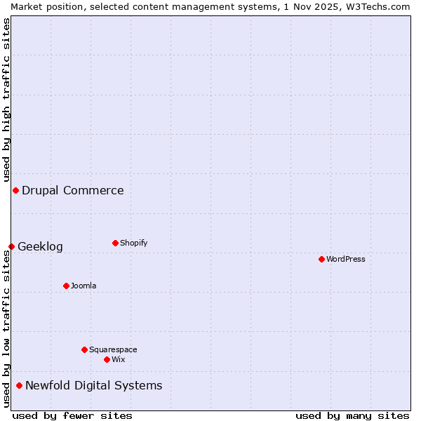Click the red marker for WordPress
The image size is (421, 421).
[x=321, y=259]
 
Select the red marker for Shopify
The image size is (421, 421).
[x=115, y=243]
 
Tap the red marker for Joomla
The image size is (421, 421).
[x=66, y=286]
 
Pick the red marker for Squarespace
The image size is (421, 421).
[x=84, y=349]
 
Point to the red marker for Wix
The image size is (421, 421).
[x=107, y=359]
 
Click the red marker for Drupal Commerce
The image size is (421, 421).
[x=15, y=190]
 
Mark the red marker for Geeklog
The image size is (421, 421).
[x=11, y=246]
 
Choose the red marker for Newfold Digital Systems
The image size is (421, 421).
[x=19, y=385]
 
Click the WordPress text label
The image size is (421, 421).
[x=346, y=259]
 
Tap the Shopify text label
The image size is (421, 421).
[x=134, y=243]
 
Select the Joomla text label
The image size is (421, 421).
[x=83, y=286]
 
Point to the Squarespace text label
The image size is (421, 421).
[x=113, y=349]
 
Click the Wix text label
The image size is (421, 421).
[x=119, y=359]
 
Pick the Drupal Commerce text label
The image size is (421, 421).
[x=73, y=190]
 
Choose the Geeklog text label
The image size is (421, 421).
[x=40, y=246]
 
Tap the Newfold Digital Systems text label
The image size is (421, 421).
[x=94, y=385]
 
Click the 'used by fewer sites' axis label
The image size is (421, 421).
[x=72, y=415]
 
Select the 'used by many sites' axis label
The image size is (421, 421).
[x=352, y=415]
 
